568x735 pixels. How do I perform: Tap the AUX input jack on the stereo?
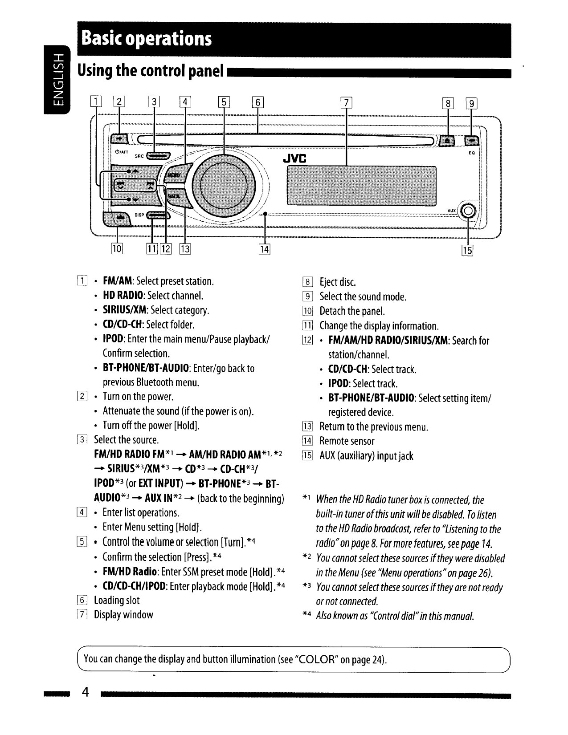pos(468,211)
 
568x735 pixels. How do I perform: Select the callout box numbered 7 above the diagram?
pos(346,103)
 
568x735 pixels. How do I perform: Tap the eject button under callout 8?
pos(447,141)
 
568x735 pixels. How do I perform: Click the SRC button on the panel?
pos(157,155)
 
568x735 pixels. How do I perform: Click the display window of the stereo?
pos(361,186)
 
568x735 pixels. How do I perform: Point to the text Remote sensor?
pos(347,441)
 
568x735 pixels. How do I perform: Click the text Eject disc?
pos(337,282)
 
